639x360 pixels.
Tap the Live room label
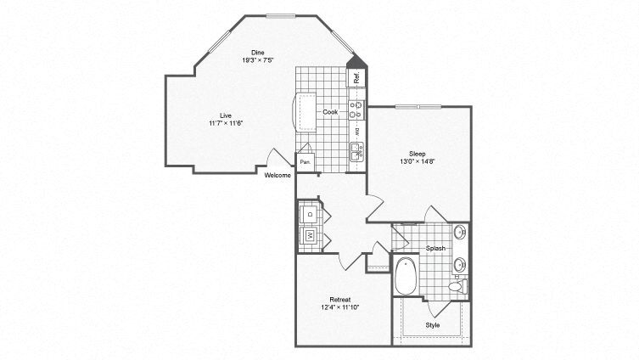226,115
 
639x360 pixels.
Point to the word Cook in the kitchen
330,111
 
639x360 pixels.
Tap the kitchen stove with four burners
357,109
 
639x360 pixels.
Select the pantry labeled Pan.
305,161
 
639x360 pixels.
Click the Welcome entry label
277,175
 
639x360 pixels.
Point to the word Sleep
418,154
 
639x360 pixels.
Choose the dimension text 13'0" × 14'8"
418,161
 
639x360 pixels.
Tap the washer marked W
310,234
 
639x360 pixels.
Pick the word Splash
436,250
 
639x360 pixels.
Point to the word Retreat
340,300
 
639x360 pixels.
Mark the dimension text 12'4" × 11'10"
340,307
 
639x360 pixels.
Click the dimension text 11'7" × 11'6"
226,123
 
